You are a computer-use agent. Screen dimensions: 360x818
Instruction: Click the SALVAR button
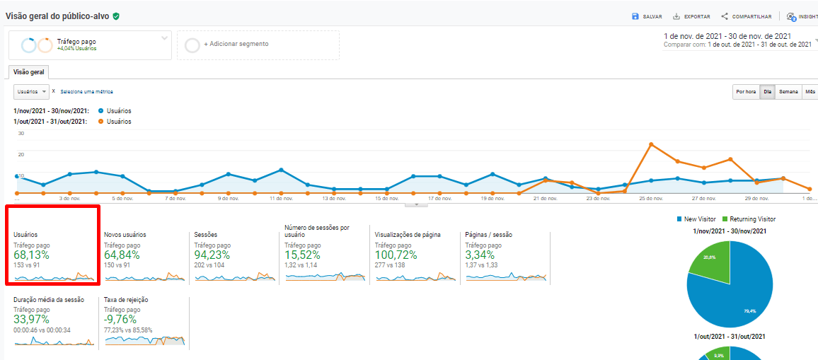[x=647, y=16]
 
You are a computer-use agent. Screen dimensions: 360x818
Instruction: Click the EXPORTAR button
[x=691, y=16]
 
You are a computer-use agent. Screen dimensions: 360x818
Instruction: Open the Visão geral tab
[x=29, y=71]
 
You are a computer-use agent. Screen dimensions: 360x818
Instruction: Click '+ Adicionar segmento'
[x=236, y=44]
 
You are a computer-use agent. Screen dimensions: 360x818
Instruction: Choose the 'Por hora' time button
[x=746, y=92]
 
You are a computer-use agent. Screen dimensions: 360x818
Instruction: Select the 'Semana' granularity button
[x=788, y=92]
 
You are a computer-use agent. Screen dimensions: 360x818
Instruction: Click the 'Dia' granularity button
[x=767, y=92]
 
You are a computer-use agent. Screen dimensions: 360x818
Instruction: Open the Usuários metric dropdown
[x=31, y=91]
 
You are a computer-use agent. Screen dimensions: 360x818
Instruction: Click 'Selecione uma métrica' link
[x=86, y=92]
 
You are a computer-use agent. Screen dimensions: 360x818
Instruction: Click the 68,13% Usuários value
[x=32, y=255]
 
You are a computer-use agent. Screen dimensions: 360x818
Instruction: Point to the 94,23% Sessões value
[x=212, y=255]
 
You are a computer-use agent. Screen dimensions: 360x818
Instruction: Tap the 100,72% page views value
[x=396, y=255]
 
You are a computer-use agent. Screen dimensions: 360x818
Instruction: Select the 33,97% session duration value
[x=32, y=320]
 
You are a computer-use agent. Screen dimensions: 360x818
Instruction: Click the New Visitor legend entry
[x=700, y=219]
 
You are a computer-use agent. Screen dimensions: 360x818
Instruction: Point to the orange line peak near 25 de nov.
[x=651, y=144]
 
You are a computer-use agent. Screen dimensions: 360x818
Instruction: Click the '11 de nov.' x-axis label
[x=281, y=199]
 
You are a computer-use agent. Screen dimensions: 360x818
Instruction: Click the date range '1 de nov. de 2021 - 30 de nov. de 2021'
[x=727, y=35]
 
